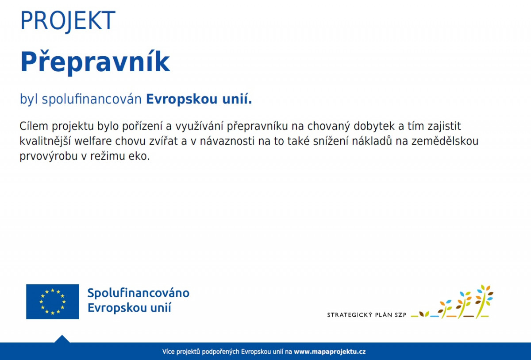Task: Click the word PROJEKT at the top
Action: (68, 21)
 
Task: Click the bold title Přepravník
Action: (95, 62)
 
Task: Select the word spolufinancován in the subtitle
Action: (92, 99)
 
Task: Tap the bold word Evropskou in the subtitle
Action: (181, 99)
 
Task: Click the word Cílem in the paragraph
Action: (34, 126)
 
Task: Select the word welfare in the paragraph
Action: (93, 141)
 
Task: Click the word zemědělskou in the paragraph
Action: (445, 141)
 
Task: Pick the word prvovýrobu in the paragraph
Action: (49, 157)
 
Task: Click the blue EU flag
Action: (53, 302)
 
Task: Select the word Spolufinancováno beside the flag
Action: (139, 293)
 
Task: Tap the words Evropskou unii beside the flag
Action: (129, 308)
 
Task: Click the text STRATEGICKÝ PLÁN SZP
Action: (366, 315)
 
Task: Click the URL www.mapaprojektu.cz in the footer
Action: (330, 352)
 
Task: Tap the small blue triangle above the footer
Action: (62, 339)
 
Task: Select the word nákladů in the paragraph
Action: (371, 141)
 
